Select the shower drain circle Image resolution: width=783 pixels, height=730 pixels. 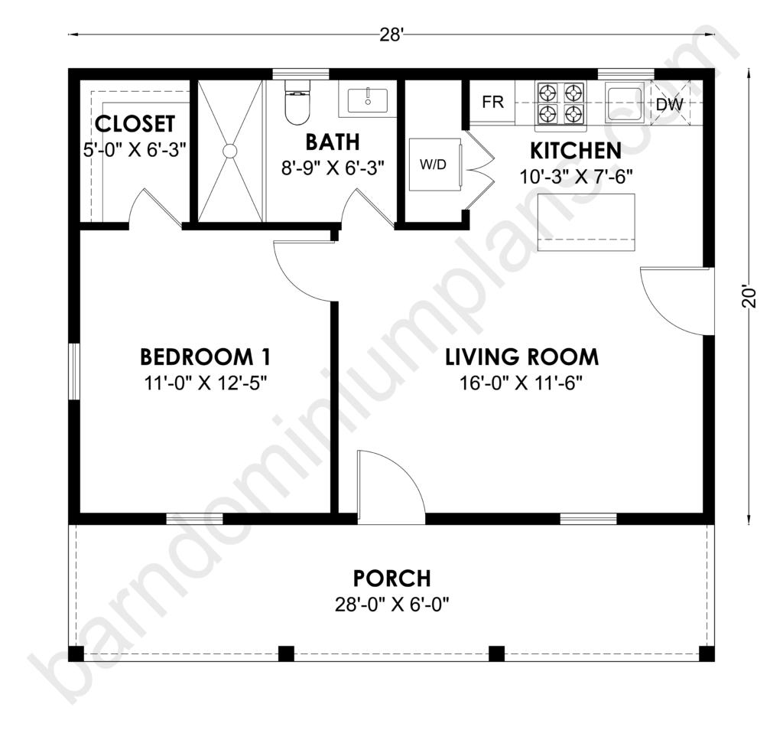(x=230, y=151)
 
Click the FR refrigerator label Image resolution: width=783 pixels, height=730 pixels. (x=492, y=102)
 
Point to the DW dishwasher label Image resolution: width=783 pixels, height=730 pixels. (x=669, y=104)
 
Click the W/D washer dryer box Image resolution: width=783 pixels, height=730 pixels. (x=435, y=165)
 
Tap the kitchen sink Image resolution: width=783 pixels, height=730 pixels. (x=624, y=103)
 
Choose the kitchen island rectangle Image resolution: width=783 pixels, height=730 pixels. (x=586, y=222)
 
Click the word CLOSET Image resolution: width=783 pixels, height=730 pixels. (x=135, y=124)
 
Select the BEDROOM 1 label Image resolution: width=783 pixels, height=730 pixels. (x=205, y=357)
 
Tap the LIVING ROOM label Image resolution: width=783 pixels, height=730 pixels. (x=521, y=357)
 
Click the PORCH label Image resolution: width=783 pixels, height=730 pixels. (x=392, y=578)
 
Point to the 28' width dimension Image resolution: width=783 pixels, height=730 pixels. (x=391, y=35)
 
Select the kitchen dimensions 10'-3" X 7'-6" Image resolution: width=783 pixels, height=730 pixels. (x=577, y=177)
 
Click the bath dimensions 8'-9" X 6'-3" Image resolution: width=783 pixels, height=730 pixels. (x=333, y=168)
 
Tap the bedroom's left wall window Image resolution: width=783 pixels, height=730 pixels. (x=74, y=371)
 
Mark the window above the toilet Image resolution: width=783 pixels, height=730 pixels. (x=301, y=74)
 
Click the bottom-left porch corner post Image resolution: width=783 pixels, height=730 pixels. (x=76, y=653)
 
